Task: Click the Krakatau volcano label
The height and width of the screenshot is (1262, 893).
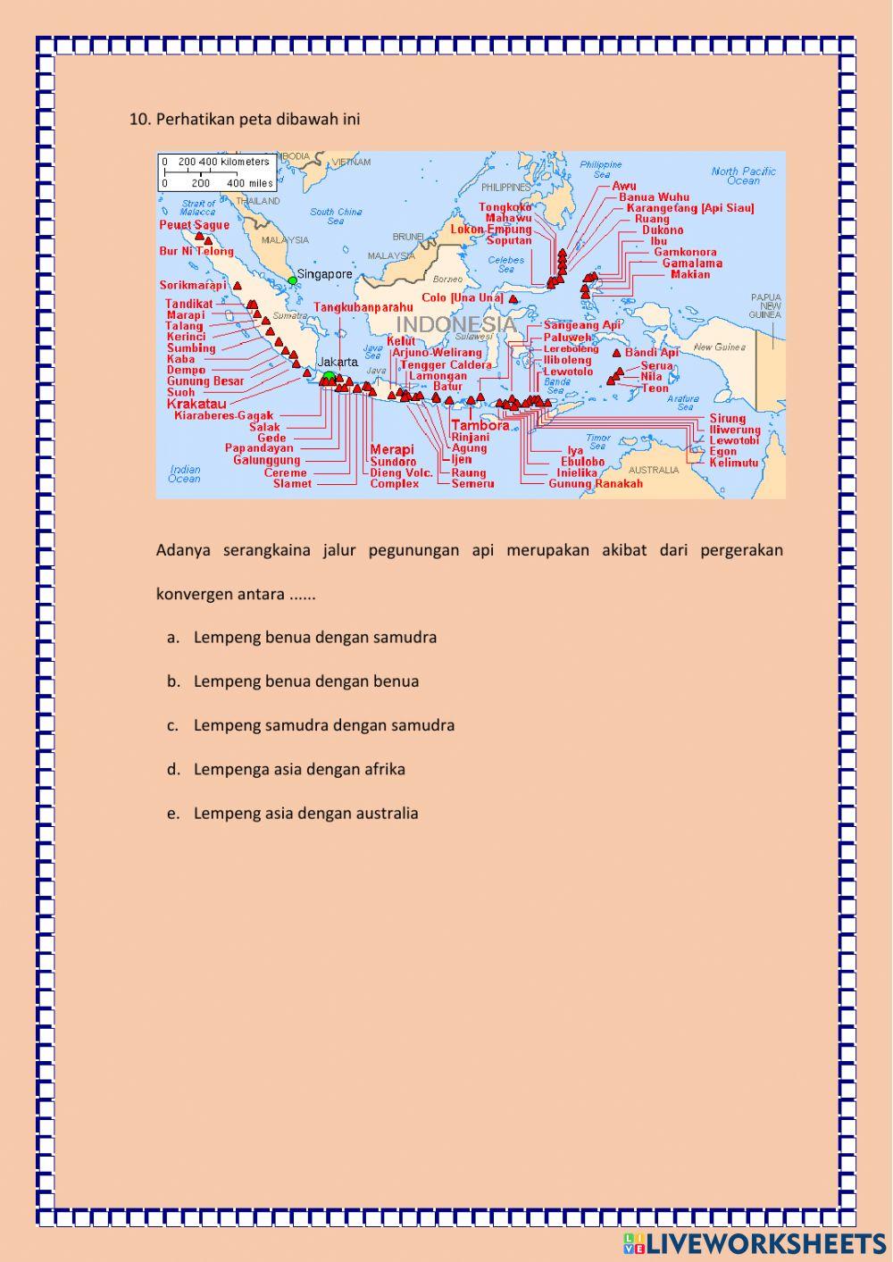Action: click(196, 404)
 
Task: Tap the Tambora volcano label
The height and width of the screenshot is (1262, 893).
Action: click(480, 425)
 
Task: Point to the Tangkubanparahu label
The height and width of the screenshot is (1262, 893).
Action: click(363, 307)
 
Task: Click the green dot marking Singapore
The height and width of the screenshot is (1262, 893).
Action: click(292, 280)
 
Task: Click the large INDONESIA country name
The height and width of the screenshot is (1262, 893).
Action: click(455, 323)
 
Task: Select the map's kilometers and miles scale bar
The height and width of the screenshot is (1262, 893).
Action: click(217, 172)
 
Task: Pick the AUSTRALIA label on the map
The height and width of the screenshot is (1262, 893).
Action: click(654, 470)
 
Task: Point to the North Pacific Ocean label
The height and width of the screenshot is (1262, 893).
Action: click(743, 175)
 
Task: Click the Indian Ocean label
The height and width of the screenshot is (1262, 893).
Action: click(185, 473)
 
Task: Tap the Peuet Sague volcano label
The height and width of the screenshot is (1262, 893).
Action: click(194, 225)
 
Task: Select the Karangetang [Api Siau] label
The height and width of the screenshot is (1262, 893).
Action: click(689, 208)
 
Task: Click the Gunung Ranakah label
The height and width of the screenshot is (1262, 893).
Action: click(595, 484)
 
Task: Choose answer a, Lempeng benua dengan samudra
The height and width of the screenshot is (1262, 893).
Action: click(314, 638)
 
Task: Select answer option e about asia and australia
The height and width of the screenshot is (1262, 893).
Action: click(305, 814)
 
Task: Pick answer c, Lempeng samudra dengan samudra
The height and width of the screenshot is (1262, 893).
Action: click(323, 725)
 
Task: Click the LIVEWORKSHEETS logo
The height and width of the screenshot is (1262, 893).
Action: click(755, 1242)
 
